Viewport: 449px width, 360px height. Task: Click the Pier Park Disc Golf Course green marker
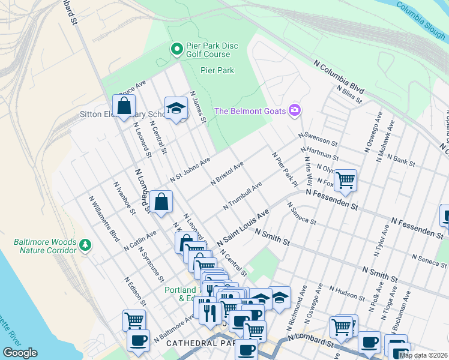[177, 49]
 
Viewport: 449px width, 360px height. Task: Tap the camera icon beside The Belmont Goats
[295, 110]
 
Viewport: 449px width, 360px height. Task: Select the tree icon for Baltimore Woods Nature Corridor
[86, 245]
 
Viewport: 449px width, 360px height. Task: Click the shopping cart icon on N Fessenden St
[345, 179]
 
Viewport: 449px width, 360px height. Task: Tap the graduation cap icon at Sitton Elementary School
[176, 108]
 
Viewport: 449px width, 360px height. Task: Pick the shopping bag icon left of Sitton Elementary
[124, 106]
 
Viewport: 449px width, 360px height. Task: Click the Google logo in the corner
[20, 353]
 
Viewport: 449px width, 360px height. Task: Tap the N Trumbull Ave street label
[243, 197]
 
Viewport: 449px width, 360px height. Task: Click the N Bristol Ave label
[227, 173]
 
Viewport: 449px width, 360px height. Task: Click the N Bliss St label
[349, 95]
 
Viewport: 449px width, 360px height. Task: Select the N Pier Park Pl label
[285, 169]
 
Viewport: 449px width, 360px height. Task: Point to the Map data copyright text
[423, 355]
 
